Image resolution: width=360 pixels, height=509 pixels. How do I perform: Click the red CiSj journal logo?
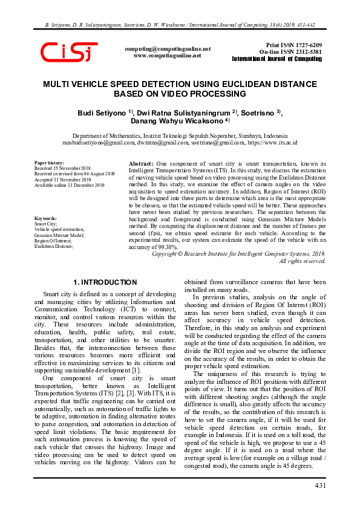tap(69, 52)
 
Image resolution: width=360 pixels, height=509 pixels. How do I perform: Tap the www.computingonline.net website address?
tap(167, 55)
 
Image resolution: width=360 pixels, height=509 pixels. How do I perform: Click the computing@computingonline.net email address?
tap(167, 48)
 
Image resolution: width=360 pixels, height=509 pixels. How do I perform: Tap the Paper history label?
tap(49, 163)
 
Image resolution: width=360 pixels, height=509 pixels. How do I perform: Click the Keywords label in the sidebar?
tap(46, 218)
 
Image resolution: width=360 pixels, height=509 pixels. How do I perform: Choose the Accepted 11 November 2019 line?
tap(62, 180)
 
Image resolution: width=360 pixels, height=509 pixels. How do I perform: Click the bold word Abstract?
tap(142, 164)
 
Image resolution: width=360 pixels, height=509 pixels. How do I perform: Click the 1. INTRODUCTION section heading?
tap(105, 282)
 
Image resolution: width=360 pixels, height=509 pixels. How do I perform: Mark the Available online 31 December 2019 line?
tap(70, 185)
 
